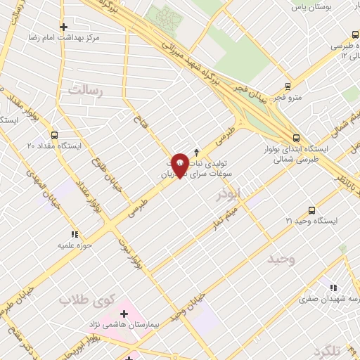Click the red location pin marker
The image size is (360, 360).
point(180,165)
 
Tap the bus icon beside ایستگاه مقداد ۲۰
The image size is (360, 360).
point(55,135)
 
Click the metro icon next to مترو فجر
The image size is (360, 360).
point(288,87)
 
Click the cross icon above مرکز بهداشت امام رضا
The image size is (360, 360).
point(63,27)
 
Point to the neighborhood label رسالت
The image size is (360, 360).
point(86,89)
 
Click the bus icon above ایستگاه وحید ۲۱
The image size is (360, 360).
point(312,210)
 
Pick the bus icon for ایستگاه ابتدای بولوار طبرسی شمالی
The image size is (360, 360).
point(296,139)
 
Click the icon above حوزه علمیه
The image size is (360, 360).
point(74,234)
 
